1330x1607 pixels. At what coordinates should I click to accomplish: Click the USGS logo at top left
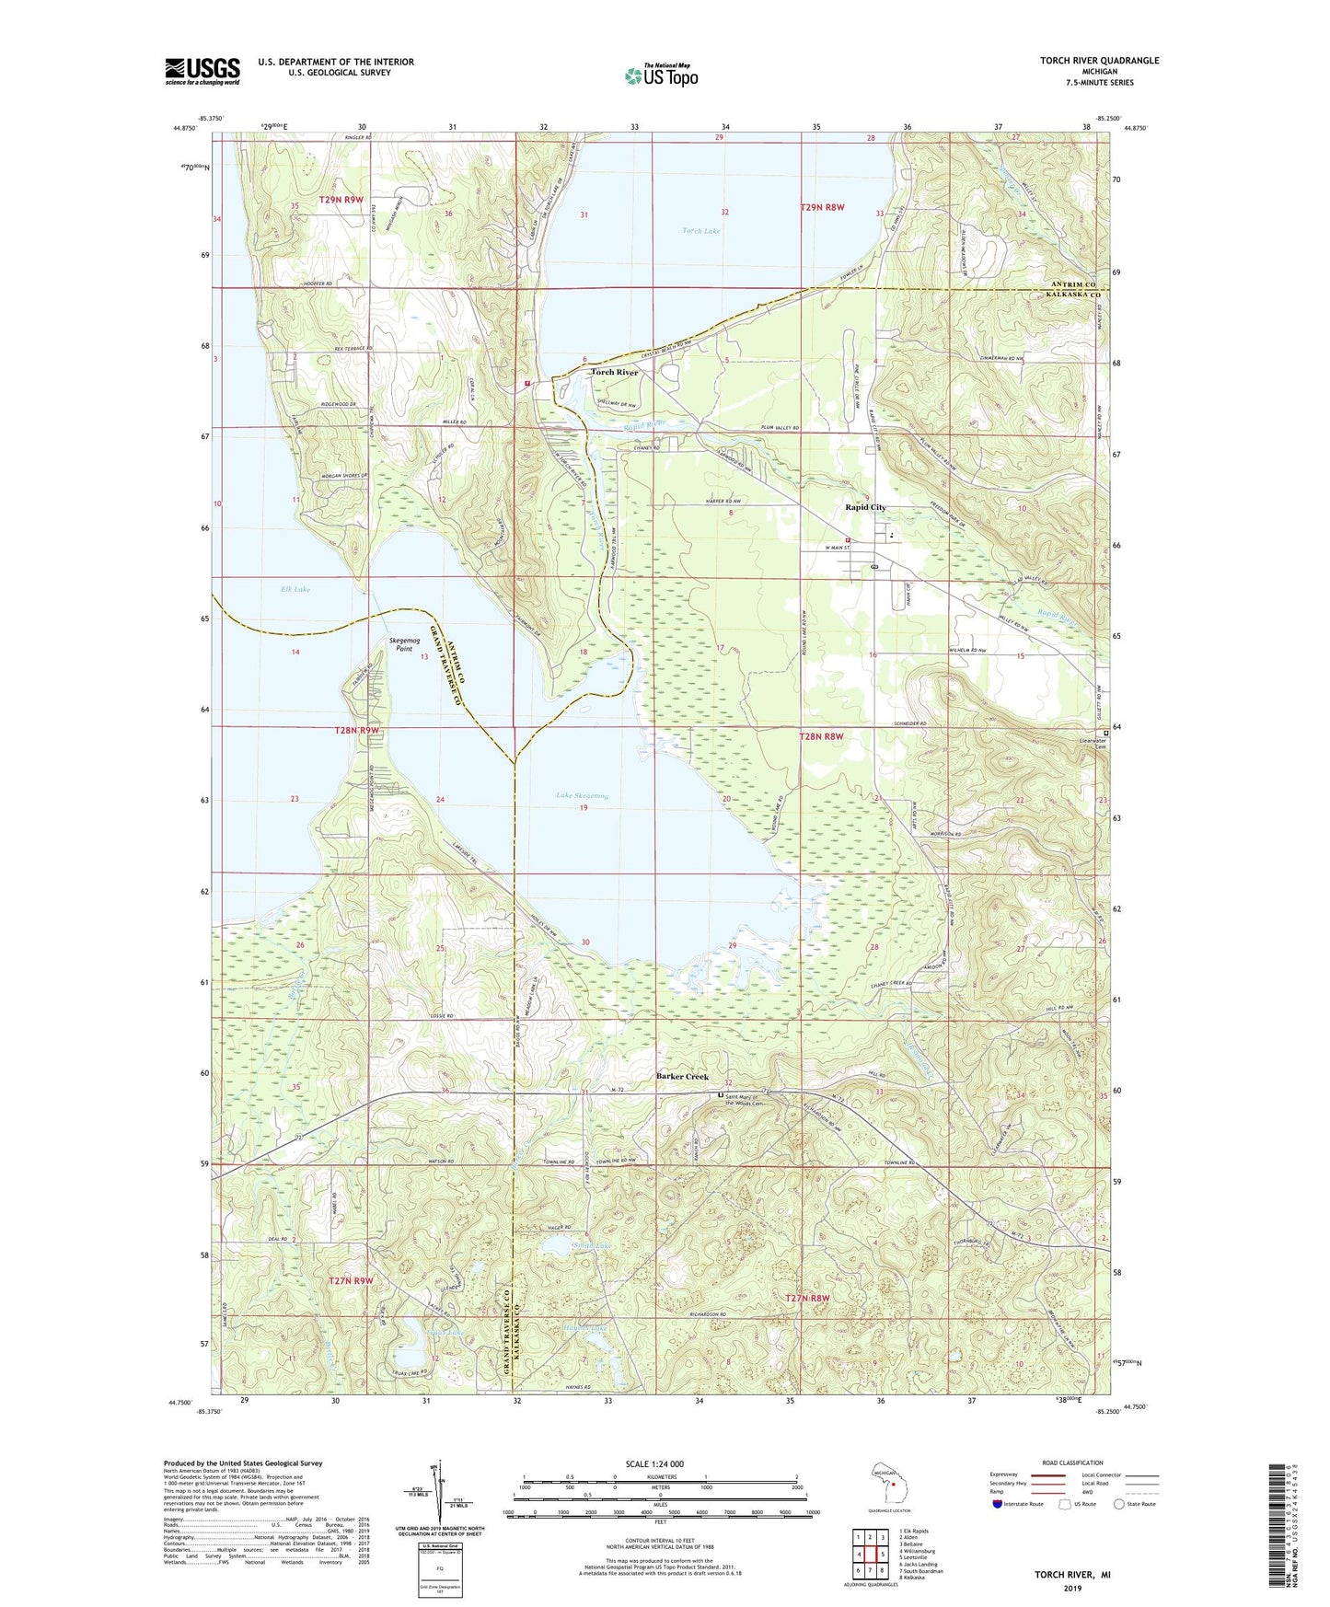[202, 71]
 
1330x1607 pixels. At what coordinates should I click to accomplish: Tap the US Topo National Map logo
[660, 75]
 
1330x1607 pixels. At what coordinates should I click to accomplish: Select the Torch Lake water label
[700, 231]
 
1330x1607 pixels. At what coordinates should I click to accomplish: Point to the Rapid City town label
[865, 507]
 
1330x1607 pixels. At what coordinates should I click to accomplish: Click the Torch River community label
[614, 372]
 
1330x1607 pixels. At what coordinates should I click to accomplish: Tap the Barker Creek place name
[682, 1076]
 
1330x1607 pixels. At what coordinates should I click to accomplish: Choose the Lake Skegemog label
[582, 795]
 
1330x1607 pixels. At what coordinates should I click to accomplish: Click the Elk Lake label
[295, 589]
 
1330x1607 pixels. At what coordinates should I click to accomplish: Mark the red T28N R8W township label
[821, 735]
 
